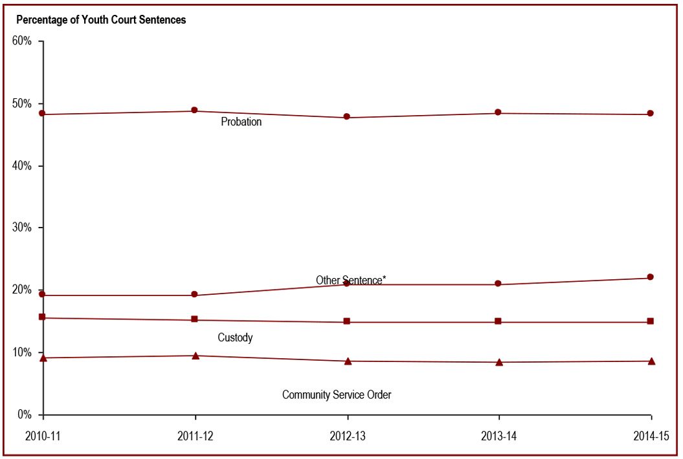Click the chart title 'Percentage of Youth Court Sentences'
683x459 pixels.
[101, 20]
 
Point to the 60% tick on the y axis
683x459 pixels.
[22, 41]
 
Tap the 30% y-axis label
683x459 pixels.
[22, 228]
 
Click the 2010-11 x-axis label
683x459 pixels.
[43, 436]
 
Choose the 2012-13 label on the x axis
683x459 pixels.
[347, 436]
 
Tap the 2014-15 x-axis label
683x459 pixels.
[650, 436]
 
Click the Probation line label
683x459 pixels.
[241, 122]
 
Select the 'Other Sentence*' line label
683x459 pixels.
[351, 280]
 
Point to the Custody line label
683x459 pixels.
[235, 337]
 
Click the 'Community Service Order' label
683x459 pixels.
[337, 394]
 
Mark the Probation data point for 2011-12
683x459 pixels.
[194, 111]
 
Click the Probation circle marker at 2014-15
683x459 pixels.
[651, 114]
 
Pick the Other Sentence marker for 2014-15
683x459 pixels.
[651, 277]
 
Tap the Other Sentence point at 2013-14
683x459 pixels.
[498, 283]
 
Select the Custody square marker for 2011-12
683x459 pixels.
[194, 319]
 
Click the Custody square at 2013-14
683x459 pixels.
[498, 321]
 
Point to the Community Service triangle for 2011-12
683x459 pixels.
[195, 356]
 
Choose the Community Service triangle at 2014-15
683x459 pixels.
[651, 361]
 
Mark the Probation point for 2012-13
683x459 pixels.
[347, 117]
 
